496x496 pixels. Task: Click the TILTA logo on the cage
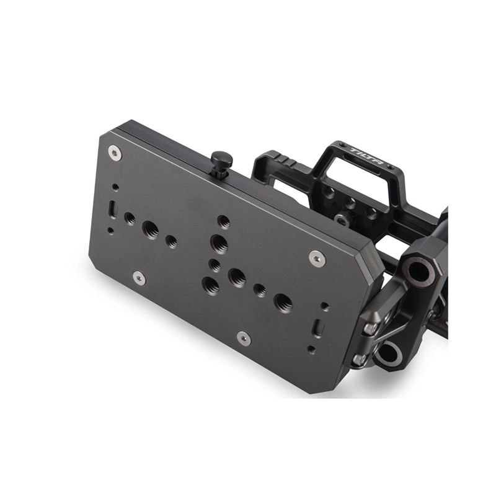point(367,157)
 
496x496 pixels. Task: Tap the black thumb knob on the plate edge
point(221,161)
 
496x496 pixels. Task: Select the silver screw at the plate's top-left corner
point(115,153)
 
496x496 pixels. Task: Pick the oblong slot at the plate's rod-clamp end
point(319,327)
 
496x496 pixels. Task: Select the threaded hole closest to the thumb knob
point(224,222)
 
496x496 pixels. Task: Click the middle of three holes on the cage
point(350,202)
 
